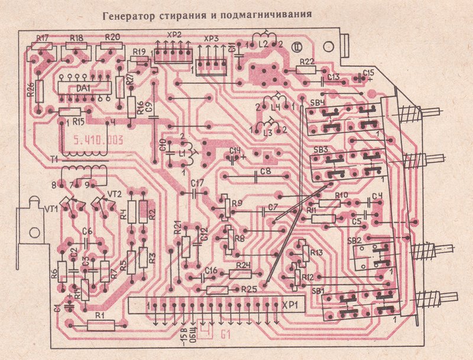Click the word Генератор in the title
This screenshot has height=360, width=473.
128,16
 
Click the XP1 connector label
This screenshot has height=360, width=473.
289,306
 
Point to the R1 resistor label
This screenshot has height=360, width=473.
101,315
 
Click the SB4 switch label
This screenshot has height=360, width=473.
318,103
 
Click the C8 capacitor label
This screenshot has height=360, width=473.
265,171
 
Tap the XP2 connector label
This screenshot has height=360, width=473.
174,35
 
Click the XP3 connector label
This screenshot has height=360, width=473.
210,39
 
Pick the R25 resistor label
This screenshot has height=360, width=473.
248,289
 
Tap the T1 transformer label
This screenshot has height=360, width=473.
54,159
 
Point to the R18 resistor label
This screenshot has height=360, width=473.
76,37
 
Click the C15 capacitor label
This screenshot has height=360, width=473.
369,73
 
